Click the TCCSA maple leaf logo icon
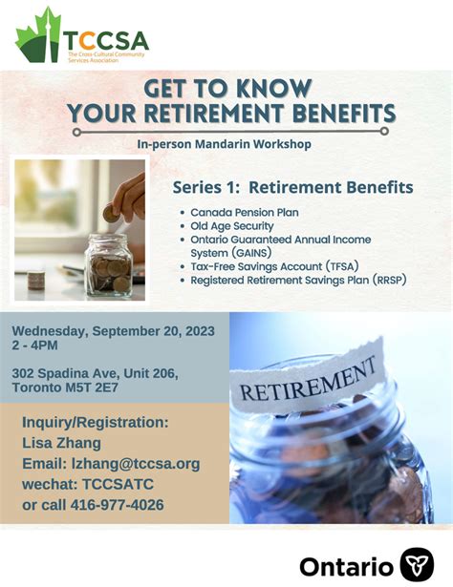click(x=38, y=36)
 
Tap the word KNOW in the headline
click(x=274, y=89)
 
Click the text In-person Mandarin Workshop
click(x=224, y=144)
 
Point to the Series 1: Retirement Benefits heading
click(x=293, y=188)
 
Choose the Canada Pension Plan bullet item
click(x=245, y=212)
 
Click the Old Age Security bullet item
click(x=232, y=226)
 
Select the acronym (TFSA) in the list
click(x=342, y=266)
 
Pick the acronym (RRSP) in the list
click(x=389, y=280)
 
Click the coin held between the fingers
click(x=110, y=214)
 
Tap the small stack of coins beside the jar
click(x=36, y=280)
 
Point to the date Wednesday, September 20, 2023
click(x=113, y=331)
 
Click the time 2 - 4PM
click(x=34, y=346)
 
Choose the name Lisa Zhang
click(x=61, y=443)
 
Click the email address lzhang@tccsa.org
click(x=136, y=464)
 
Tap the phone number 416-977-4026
click(x=118, y=505)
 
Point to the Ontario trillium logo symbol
click(x=417, y=565)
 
